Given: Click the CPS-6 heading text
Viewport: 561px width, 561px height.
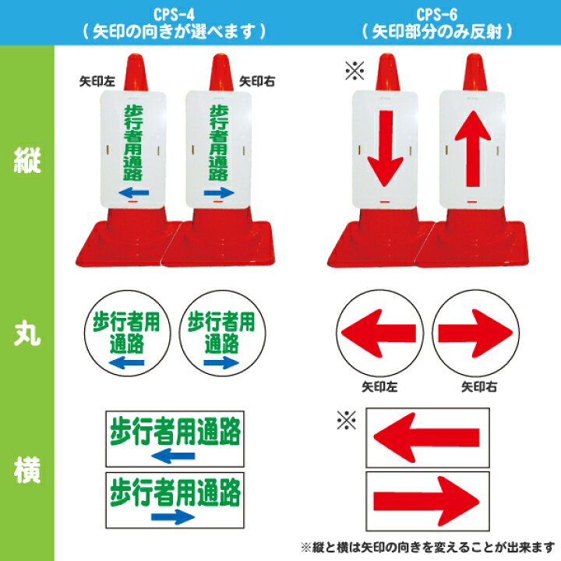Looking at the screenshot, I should pos(436,14).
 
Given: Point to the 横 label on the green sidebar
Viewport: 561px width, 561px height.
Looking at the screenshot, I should pos(26,471).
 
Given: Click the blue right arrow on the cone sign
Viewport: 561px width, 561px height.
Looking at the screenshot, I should pos(219,191).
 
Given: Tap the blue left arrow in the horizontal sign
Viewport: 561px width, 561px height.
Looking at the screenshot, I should pos(175,455).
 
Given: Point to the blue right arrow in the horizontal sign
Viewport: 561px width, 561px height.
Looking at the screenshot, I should pos(174,515).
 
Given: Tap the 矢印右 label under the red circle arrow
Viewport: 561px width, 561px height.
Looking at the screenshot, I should pos(476,386).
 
